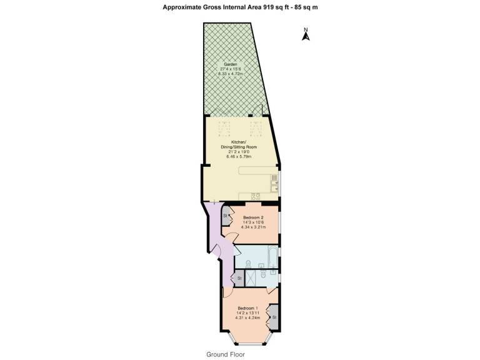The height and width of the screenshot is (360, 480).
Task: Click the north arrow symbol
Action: pos(306,34)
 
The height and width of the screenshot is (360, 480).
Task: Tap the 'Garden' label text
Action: pos(231,64)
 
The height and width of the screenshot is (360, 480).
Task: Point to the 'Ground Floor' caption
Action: pos(226,354)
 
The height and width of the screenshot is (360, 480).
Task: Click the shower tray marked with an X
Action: pos(250,278)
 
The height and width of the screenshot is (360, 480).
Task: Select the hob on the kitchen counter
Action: pos(255,196)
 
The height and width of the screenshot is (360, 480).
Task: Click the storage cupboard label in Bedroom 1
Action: pos(274,317)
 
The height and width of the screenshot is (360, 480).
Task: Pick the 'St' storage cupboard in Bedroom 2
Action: pos(226,216)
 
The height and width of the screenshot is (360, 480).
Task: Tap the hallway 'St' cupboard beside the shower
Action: pos(239,278)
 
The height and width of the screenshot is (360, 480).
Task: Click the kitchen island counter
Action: pos(254,171)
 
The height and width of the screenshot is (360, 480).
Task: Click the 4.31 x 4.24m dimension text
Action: pos(247,317)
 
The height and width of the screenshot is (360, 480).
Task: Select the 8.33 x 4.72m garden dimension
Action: pos(231,74)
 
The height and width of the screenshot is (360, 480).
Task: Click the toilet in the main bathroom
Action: pos(249,263)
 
